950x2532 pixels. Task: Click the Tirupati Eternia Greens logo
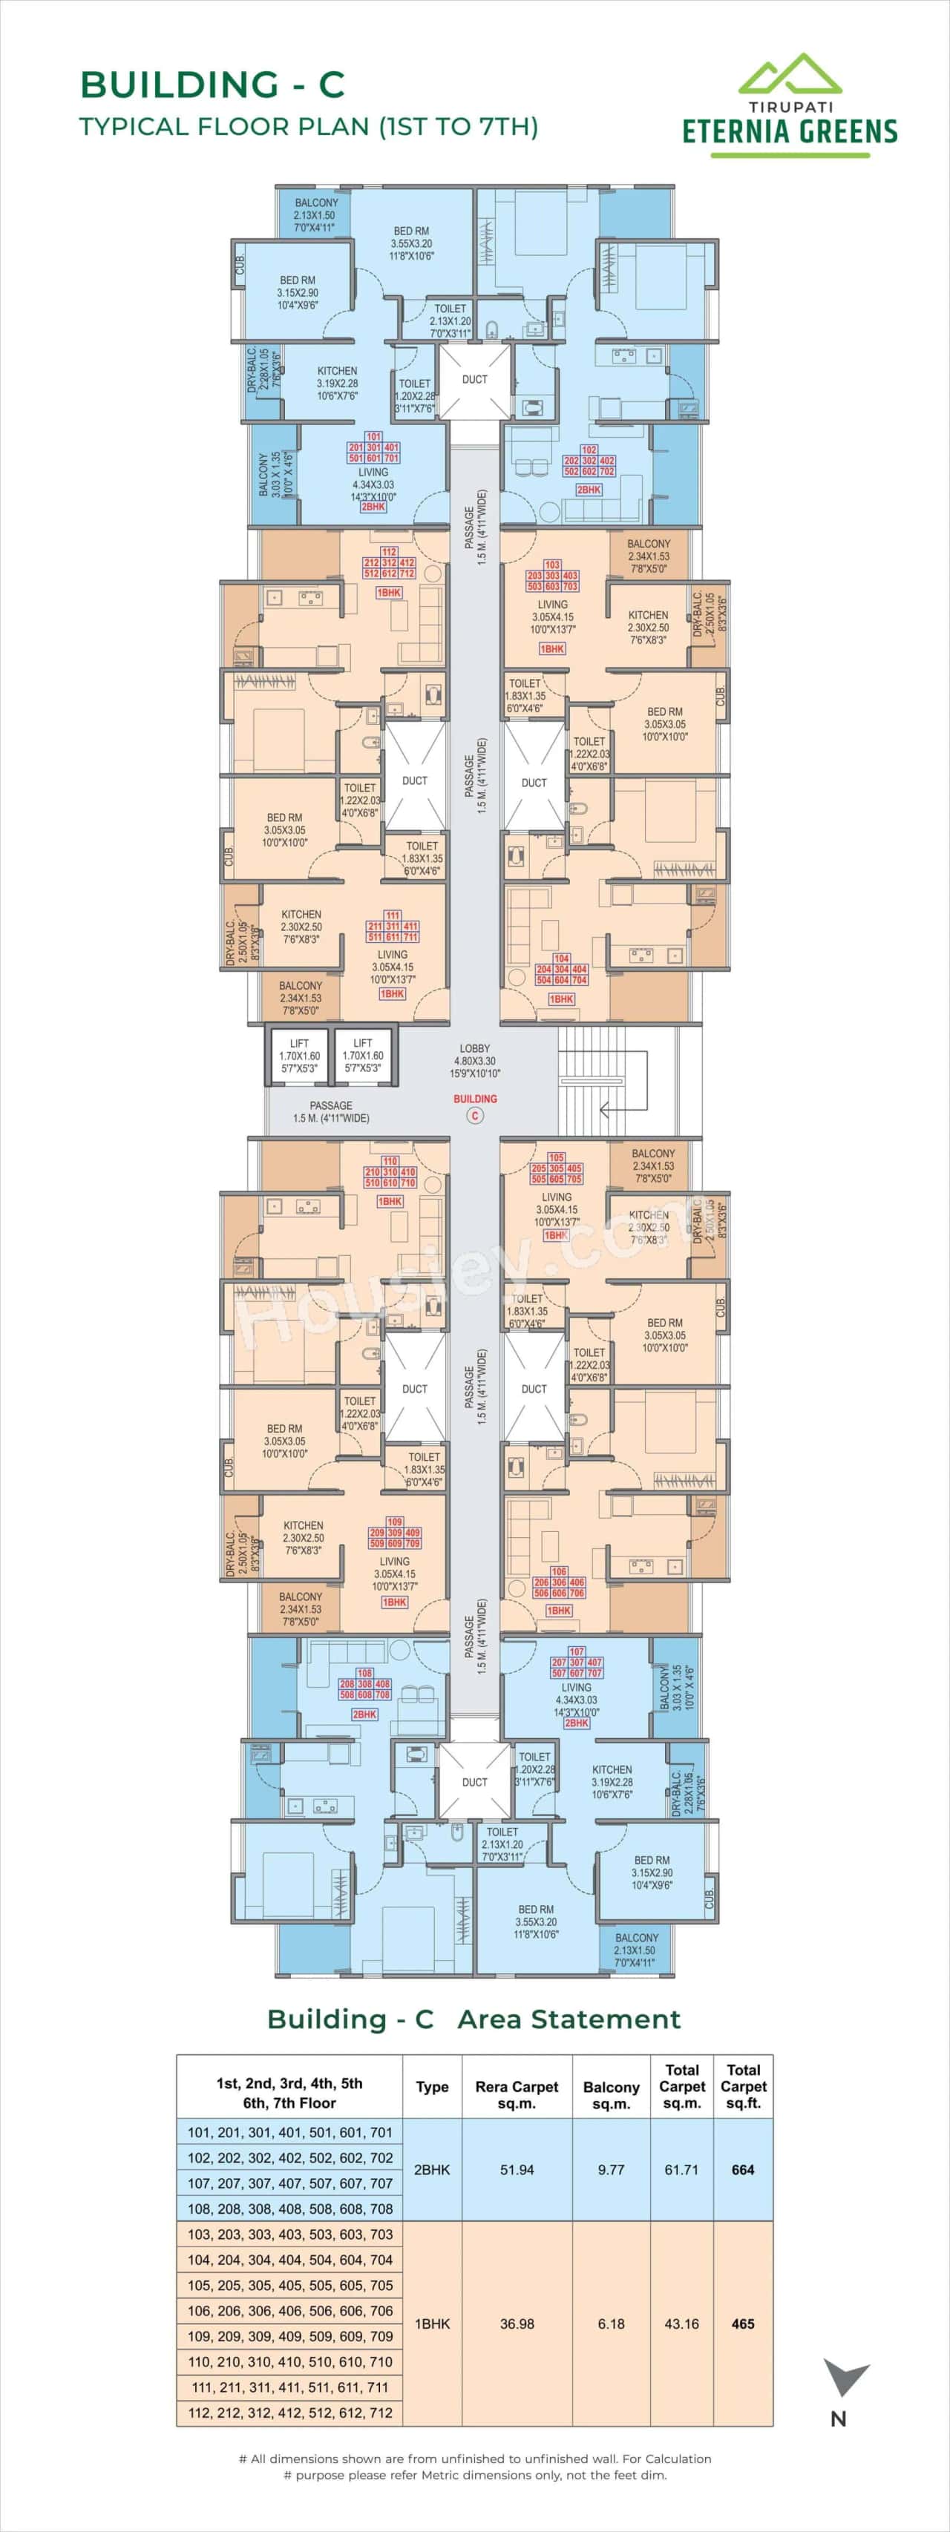pos(790,105)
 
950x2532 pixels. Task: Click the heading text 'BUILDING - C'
pos(212,85)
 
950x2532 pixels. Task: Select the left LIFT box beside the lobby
pos(299,1056)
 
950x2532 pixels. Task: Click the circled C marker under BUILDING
pos(475,1116)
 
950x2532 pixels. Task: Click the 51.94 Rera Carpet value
pos(517,2169)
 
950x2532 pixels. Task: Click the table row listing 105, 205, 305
pos(290,2285)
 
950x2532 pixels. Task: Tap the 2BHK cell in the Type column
pos(432,2169)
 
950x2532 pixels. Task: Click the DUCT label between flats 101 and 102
pos(475,379)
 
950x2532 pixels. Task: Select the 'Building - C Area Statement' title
pos(474,2019)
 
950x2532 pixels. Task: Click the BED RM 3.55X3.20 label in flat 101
pos(411,243)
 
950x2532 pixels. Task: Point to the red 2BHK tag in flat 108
pos(365,1714)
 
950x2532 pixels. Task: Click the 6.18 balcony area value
pos(611,2324)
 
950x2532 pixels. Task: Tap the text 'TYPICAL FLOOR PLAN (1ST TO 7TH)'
pos(309,127)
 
